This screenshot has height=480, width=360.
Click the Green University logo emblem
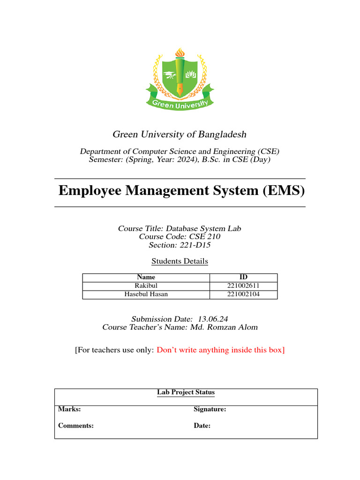click(x=180, y=80)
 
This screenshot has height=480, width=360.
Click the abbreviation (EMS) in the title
click(x=281, y=191)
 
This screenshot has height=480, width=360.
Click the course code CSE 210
click(x=204, y=237)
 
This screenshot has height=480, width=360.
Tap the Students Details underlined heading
click(x=180, y=261)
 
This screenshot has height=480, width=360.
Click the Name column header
click(x=146, y=277)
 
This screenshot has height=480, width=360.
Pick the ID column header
click(x=243, y=277)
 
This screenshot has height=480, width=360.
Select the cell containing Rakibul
click(x=146, y=286)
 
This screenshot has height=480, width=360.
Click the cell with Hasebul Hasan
click(x=146, y=294)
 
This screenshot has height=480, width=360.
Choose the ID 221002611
click(x=243, y=286)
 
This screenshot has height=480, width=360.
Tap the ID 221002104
click(x=243, y=294)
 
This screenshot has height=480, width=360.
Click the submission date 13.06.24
click(x=214, y=319)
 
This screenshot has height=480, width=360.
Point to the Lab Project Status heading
click(x=186, y=392)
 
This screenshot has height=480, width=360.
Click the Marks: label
click(x=69, y=409)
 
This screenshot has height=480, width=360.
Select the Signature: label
click(x=210, y=409)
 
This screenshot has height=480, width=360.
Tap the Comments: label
click(x=76, y=426)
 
